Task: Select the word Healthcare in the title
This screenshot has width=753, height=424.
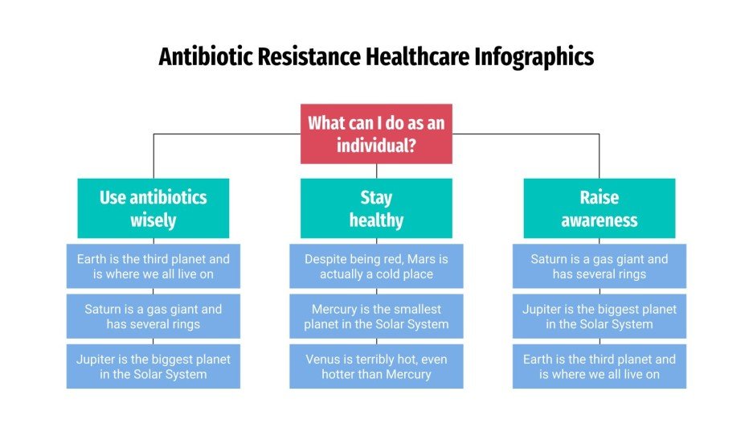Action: [418, 57]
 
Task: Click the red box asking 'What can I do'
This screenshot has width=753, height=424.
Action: [376, 134]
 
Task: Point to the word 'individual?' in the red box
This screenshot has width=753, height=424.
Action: [376, 146]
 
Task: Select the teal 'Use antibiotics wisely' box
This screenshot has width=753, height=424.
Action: [153, 208]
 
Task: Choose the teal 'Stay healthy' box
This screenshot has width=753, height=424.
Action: [376, 208]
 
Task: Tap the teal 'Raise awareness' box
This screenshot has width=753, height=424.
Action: [599, 208]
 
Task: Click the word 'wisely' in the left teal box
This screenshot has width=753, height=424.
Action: [153, 220]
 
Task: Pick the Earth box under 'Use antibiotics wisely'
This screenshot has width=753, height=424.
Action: [153, 266]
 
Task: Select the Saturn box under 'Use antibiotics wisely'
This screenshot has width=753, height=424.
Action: [153, 316]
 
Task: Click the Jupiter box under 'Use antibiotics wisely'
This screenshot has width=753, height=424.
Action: [153, 366]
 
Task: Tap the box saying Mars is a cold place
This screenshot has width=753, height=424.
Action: [376, 266]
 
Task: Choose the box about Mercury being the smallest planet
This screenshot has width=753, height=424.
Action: [376, 316]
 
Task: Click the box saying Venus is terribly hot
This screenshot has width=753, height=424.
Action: [376, 366]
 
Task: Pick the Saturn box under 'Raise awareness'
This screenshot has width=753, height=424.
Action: [599, 266]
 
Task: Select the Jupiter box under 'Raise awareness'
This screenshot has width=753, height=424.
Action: [599, 316]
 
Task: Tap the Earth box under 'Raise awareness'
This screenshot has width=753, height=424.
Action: [599, 366]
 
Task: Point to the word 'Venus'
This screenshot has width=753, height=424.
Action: [322, 359]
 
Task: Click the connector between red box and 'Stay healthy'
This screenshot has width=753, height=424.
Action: [376, 171]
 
